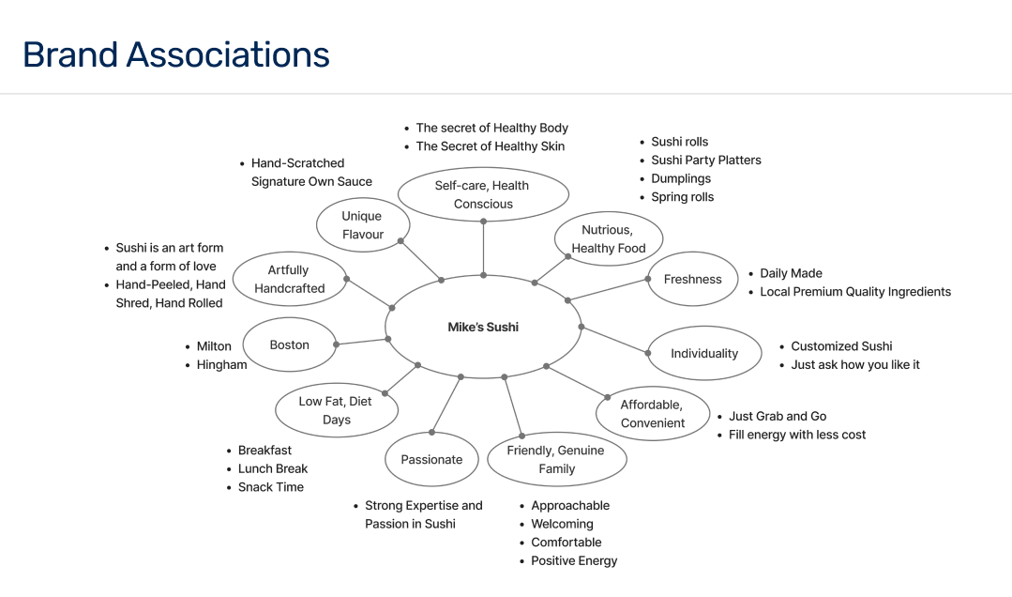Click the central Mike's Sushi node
[x=483, y=327]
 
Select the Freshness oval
[x=693, y=279]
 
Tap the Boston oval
[x=289, y=344]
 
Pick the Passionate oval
[x=431, y=459]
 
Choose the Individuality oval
[x=704, y=353]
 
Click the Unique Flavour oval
[x=362, y=225]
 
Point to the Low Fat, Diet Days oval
[x=336, y=410]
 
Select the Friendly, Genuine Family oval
[x=556, y=459]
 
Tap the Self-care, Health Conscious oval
[x=483, y=194]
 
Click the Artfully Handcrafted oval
[x=289, y=279]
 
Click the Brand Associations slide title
[x=176, y=54]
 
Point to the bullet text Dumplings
[x=681, y=178]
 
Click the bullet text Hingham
[x=221, y=364]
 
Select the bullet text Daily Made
[x=791, y=273]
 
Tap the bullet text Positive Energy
[x=574, y=560]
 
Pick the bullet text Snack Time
[x=270, y=486]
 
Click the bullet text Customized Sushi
[x=841, y=345]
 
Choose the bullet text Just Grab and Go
[x=778, y=416]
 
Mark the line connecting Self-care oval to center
[x=483, y=249]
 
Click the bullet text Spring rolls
[x=682, y=196]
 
